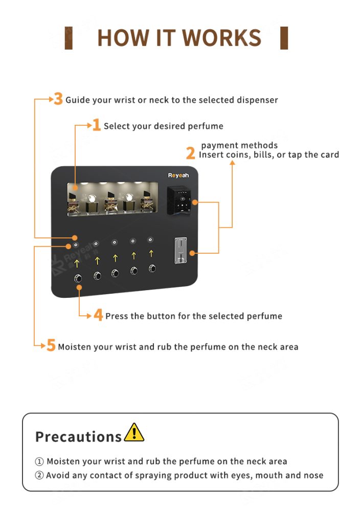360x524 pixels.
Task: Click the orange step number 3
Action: coord(58,99)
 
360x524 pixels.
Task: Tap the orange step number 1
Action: coord(96,125)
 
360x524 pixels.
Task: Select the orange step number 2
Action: coord(190,153)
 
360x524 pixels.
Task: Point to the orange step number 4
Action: coord(98,315)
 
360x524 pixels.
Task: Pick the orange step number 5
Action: coord(51,346)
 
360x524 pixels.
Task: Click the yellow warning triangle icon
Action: coord(134,432)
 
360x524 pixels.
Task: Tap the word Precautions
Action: coord(78,436)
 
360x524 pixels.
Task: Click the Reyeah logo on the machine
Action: coord(178,176)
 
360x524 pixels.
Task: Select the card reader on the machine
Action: coord(181,200)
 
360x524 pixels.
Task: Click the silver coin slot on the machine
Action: coord(179,251)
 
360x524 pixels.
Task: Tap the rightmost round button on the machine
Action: coord(152,268)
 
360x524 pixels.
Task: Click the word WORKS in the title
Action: coord(222,38)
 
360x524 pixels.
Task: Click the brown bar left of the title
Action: coord(69,38)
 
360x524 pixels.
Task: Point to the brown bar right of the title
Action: coord(284,38)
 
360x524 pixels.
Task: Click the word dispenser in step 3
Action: coord(257,100)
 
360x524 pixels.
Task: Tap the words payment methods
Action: coord(239,145)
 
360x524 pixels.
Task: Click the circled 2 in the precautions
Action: coord(39,475)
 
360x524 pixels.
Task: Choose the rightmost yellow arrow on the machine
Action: coord(151,253)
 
